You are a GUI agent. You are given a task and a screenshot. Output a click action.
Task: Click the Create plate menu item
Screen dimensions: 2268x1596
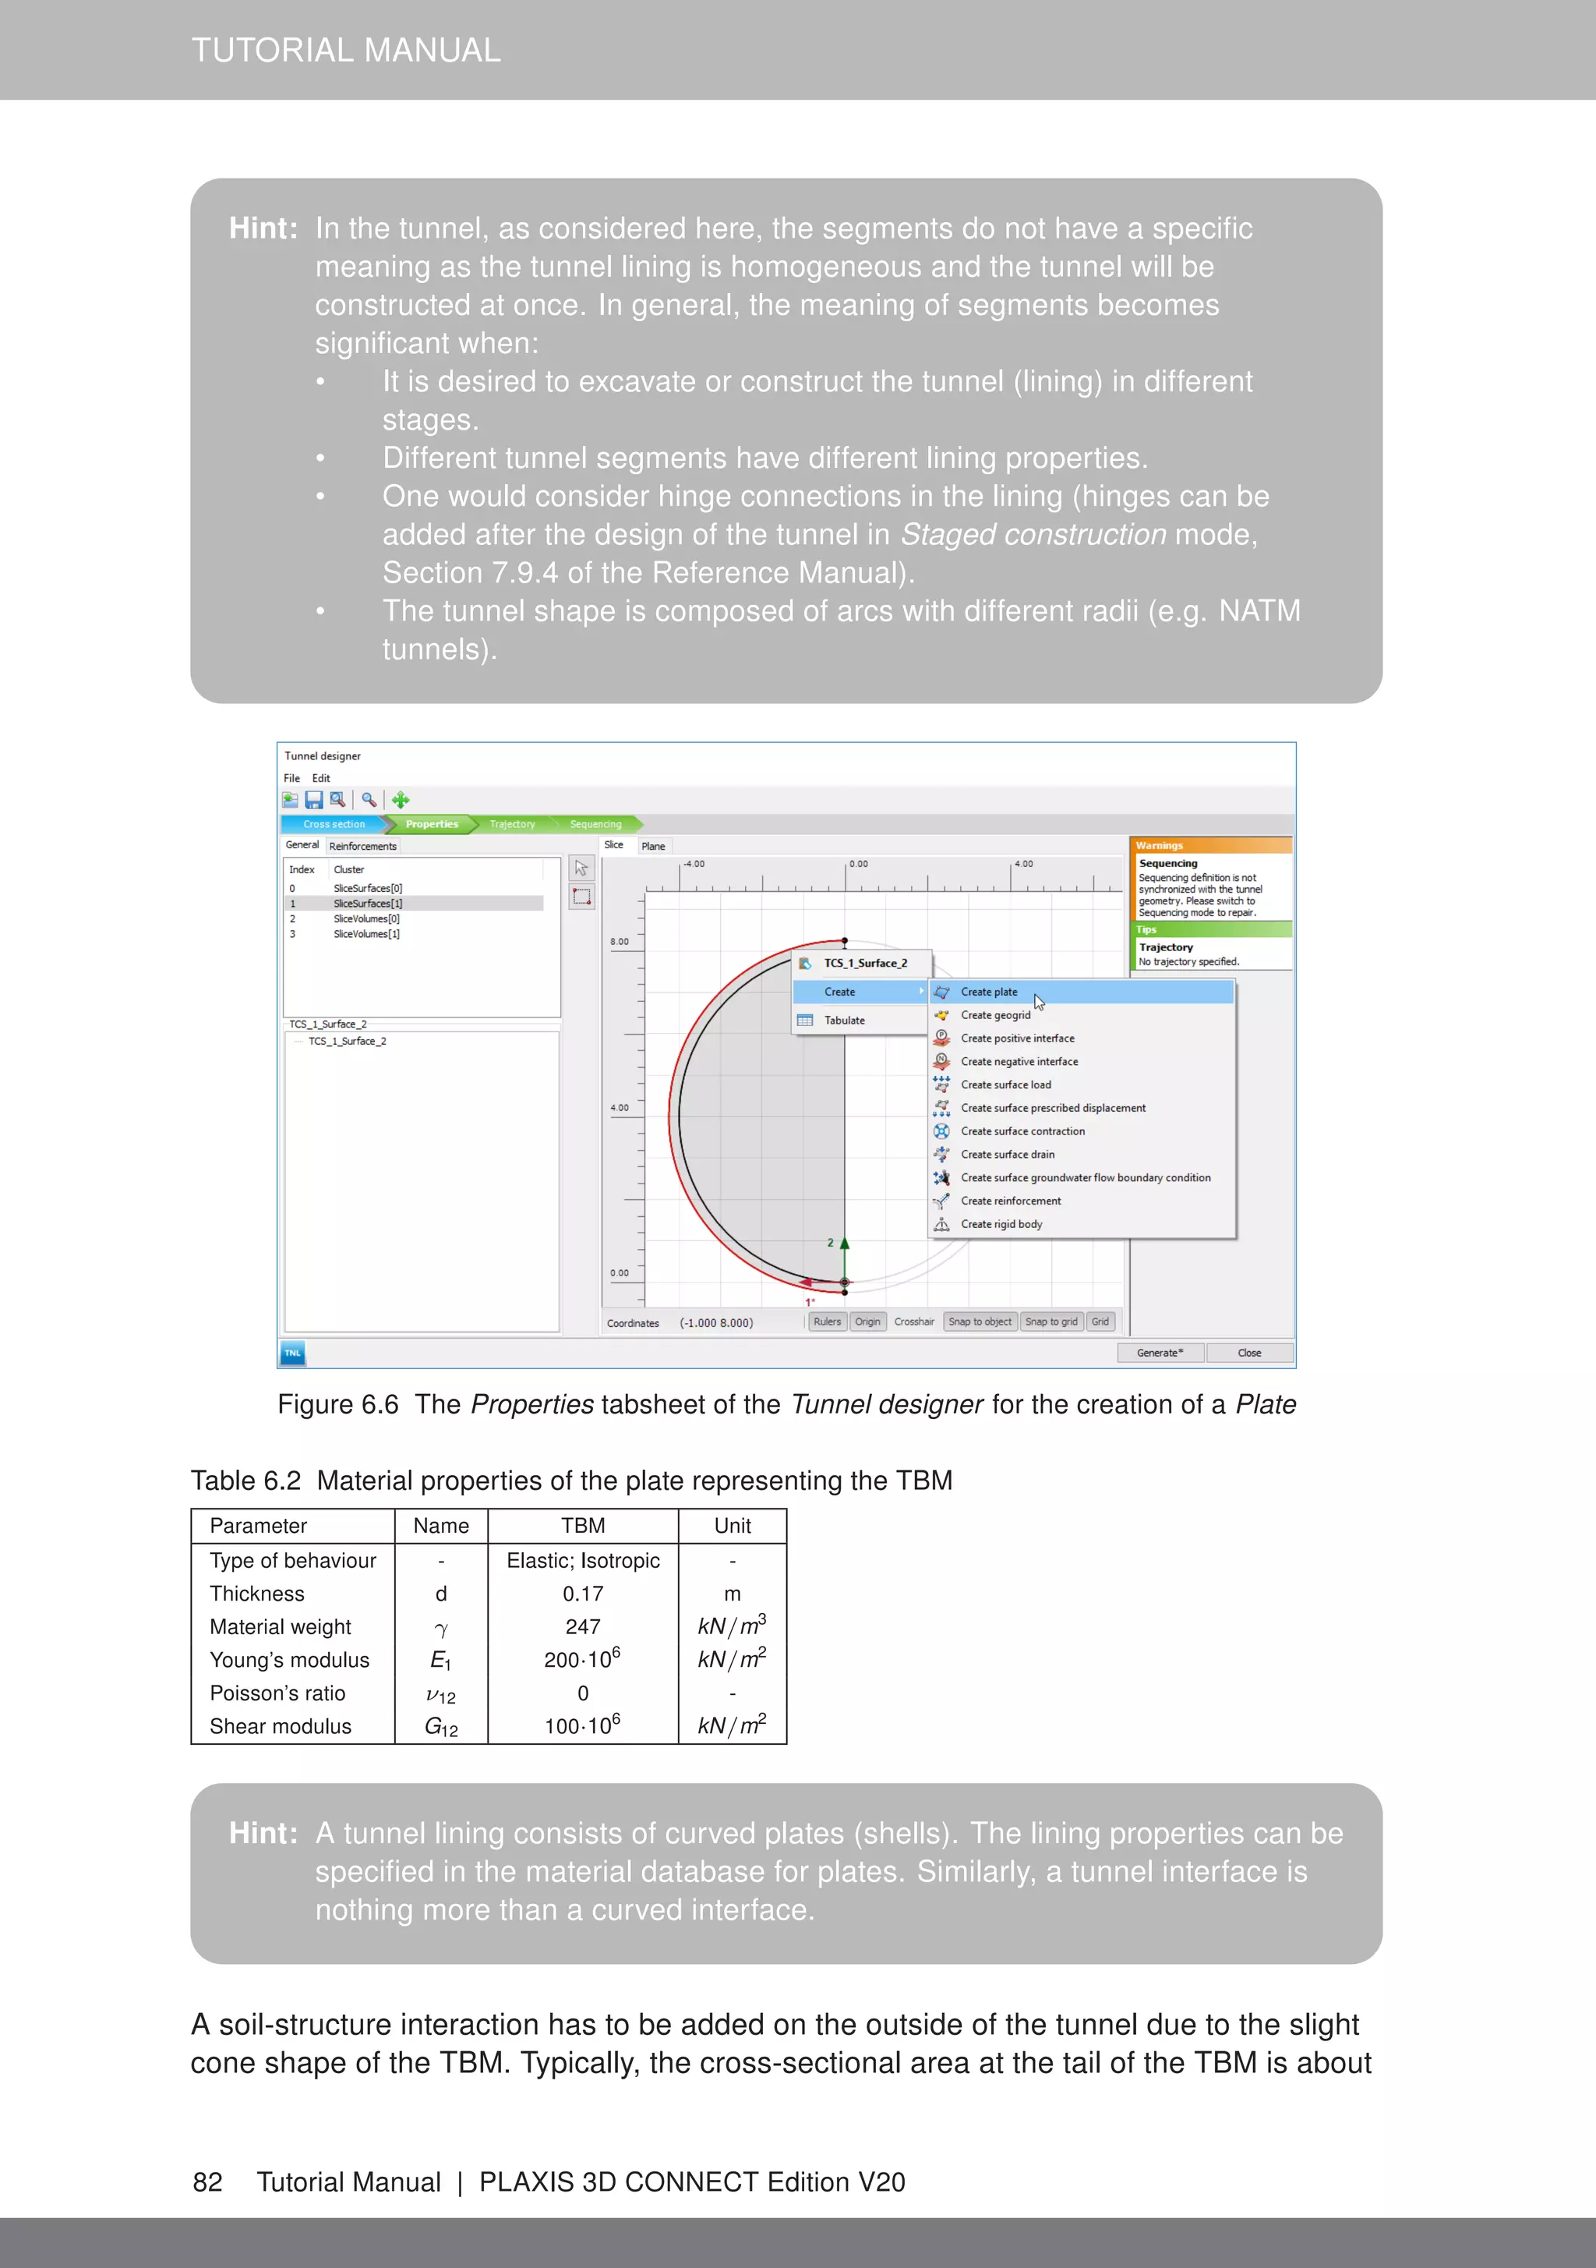[x=989, y=992]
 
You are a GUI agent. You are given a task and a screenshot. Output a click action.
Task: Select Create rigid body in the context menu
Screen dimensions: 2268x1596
[x=1001, y=1224]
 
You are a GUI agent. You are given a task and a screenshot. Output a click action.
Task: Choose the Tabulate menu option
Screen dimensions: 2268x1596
[x=845, y=1021]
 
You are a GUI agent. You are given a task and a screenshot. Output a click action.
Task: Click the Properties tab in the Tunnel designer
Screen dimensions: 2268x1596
[x=432, y=824]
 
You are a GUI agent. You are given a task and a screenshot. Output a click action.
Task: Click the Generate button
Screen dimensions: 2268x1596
[x=1160, y=1353]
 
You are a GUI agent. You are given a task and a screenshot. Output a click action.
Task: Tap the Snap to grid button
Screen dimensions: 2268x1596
[x=1050, y=1322]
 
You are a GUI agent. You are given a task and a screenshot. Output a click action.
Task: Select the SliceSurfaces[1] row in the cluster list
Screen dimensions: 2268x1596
[x=367, y=903]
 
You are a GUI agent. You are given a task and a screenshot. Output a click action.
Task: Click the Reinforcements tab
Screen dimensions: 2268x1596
[x=362, y=846]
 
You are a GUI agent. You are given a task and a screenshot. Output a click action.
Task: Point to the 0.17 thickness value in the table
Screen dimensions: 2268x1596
[x=583, y=1594]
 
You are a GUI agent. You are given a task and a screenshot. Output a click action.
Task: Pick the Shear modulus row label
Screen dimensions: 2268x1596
[x=281, y=1725]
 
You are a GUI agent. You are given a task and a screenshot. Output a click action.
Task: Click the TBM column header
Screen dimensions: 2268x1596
[x=583, y=1525]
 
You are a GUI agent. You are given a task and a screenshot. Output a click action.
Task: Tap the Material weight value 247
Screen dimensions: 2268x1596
[x=583, y=1627]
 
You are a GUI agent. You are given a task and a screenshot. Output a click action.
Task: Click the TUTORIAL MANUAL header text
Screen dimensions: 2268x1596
[x=346, y=49]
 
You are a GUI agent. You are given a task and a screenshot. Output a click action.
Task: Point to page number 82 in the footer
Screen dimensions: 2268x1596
[x=207, y=2182]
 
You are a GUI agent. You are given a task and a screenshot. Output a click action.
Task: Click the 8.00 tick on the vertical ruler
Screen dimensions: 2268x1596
[x=620, y=941]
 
